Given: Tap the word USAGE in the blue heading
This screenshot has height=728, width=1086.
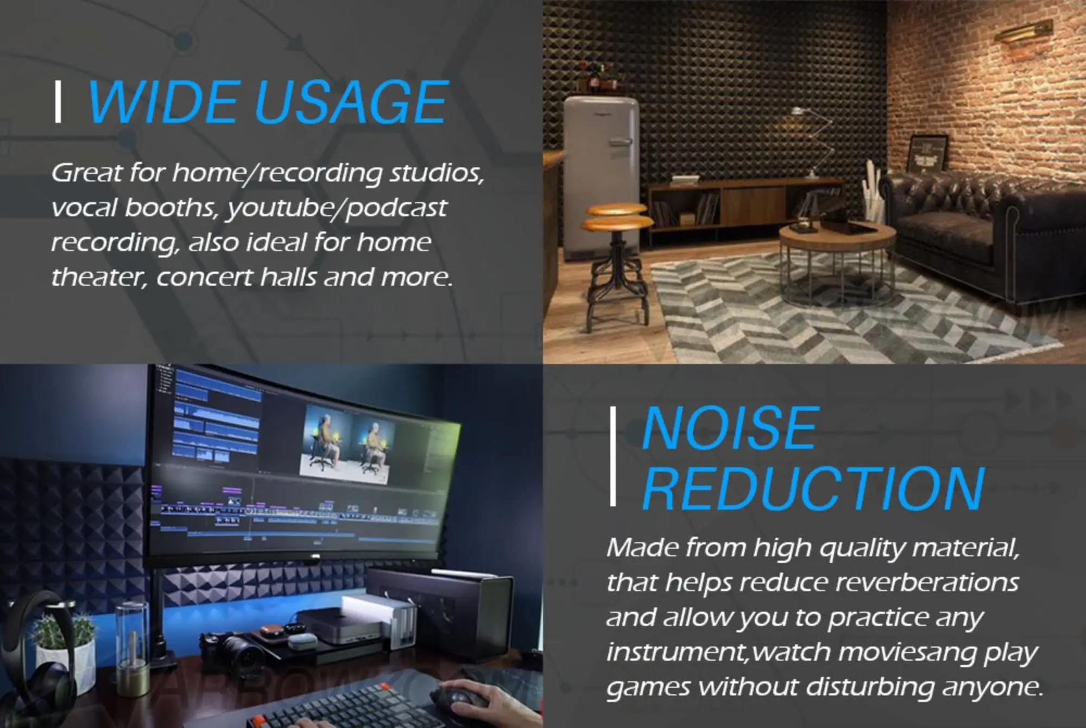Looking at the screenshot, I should pos(351,102).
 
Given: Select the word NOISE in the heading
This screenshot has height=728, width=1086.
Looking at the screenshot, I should pos(729,429).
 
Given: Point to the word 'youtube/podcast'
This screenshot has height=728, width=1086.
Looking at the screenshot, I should pos(337,208).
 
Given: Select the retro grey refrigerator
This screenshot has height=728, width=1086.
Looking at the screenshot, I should pos(601,174).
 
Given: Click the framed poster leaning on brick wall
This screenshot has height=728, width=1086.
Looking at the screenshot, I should pos(929,155).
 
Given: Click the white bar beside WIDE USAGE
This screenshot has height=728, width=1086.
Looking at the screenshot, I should pos(58,102).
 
